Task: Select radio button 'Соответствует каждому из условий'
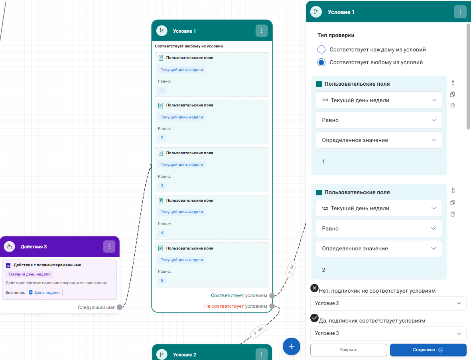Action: tap(321, 49)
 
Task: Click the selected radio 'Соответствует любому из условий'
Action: tap(321, 63)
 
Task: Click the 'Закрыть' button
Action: tap(349, 350)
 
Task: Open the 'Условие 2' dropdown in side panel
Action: tap(388, 303)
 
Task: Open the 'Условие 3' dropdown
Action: tap(388, 333)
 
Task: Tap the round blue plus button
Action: tap(292, 346)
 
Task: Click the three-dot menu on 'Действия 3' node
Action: tap(109, 246)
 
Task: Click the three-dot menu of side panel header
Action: tap(460, 12)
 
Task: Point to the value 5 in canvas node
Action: tap(162, 280)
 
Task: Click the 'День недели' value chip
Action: tap(44, 293)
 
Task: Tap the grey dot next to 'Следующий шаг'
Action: tap(120, 307)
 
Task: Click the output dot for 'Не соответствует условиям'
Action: tap(272, 306)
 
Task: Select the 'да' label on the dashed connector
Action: tap(291, 270)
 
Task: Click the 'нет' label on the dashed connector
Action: tap(258, 331)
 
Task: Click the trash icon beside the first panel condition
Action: tap(453, 106)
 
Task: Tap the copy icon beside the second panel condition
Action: tap(453, 203)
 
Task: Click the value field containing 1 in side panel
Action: tap(379, 161)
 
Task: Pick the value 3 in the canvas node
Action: tap(162, 185)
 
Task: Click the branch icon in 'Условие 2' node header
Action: tap(162, 354)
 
